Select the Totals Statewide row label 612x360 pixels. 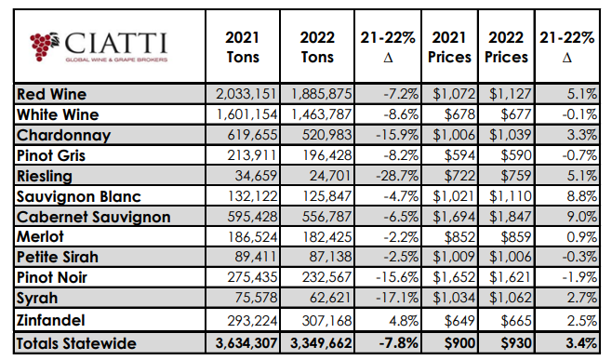coord(76,343)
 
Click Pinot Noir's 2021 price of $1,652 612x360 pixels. coord(447,280)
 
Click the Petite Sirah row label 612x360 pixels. coord(58,259)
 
